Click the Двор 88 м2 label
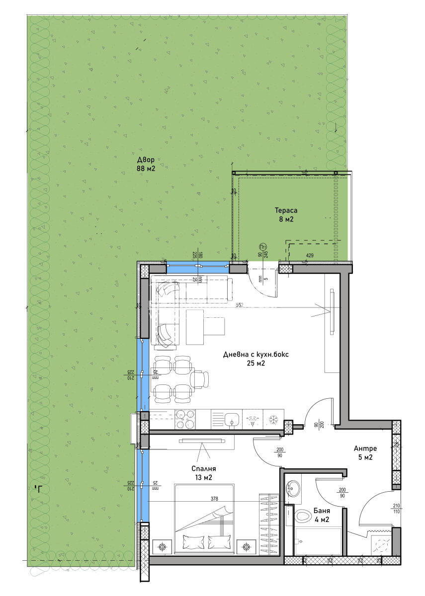click(146, 164)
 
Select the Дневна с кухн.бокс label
click(256, 359)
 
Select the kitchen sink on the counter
click(230, 420)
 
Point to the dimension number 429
click(310, 255)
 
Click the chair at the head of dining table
click(200, 379)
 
